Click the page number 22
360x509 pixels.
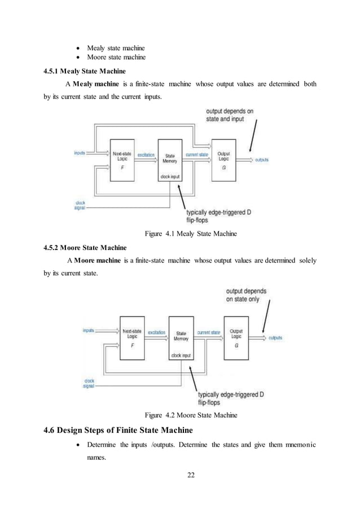pos(191,474)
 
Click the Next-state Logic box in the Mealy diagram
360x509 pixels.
pos(123,160)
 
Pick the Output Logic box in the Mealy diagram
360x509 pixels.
pos(223,160)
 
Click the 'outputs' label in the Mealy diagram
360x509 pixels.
pos(262,160)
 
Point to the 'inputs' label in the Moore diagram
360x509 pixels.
pos(88,331)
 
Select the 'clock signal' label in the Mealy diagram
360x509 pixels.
pos(81,206)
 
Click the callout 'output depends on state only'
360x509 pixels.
pos(247,295)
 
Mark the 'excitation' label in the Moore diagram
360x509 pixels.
pos(156,333)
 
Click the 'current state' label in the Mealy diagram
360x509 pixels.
pos(197,154)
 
